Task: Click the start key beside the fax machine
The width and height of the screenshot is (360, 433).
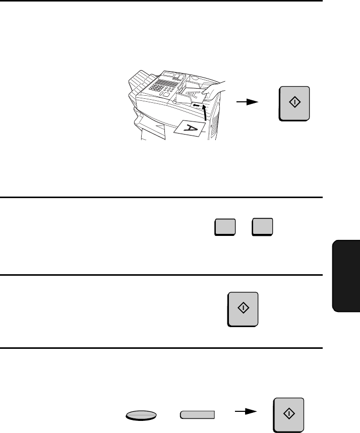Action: point(294,103)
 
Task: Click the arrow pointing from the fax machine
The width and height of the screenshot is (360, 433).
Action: point(247,102)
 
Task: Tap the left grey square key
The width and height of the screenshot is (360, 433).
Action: point(225,227)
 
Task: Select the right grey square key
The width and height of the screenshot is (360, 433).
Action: point(263,227)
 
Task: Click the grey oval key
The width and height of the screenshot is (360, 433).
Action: point(141,415)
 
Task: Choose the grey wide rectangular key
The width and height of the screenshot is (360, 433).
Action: point(198,415)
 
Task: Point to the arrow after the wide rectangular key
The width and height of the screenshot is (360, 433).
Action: point(246,411)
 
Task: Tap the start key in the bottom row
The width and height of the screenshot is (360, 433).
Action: point(289,415)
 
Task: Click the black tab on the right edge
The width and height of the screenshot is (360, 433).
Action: point(346,276)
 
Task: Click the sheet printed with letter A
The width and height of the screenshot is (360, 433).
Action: point(190,129)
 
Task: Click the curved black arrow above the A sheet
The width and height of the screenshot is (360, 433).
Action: point(204,113)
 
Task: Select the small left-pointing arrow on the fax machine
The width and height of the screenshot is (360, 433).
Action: point(196,105)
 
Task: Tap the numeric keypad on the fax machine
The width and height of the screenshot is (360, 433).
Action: point(157,87)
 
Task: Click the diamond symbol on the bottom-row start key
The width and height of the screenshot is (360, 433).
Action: point(289,413)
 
